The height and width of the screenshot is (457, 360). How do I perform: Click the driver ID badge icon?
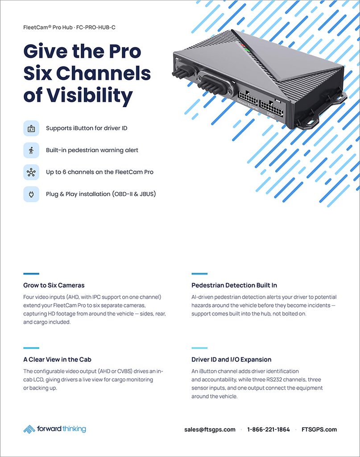click(31, 128)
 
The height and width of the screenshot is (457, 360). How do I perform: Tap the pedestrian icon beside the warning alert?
click(31, 150)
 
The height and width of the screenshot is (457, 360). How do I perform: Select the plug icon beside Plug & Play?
click(31, 194)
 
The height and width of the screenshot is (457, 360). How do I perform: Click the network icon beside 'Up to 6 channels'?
click(31, 172)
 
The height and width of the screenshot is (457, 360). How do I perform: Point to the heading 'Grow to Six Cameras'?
click(54, 285)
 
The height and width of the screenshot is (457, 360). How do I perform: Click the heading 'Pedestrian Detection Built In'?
click(234, 285)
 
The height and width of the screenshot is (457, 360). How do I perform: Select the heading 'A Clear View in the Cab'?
click(58, 359)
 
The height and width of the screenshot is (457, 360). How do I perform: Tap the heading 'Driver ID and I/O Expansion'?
click(231, 359)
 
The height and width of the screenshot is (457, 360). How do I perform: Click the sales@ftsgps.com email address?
click(210, 429)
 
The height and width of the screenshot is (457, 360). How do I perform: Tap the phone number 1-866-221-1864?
click(269, 429)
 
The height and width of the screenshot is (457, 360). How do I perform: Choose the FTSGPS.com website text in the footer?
click(319, 429)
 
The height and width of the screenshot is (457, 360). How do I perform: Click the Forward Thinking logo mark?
click(29, 429)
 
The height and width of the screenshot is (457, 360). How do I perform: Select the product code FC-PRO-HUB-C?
click(96, 27)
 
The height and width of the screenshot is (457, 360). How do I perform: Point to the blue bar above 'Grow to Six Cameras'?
click(31, 274)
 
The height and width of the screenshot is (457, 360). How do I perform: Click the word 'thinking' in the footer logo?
click(74, 429)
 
